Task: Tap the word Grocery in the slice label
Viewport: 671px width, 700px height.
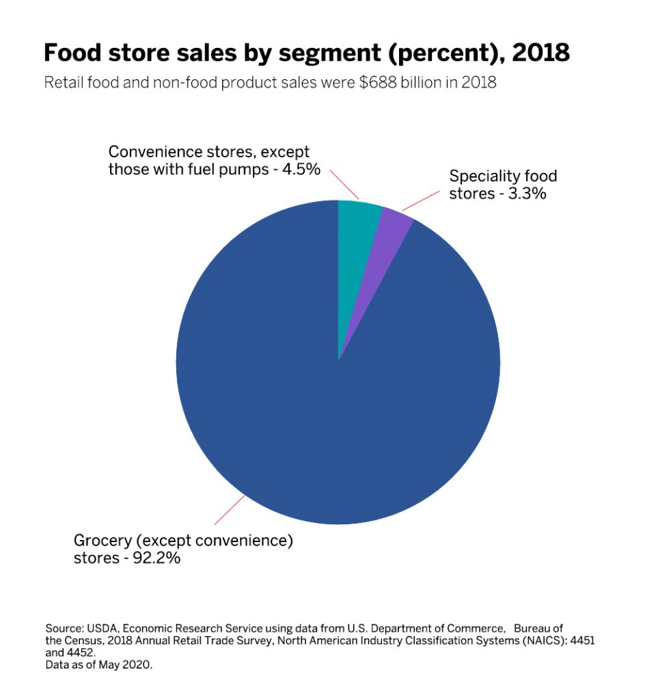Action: pos(103,541)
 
